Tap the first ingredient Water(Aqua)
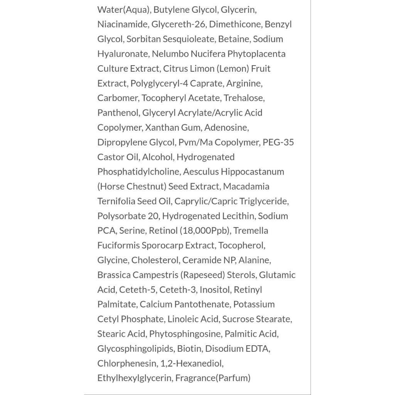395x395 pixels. point(124,10)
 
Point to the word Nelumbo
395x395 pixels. point(167,54)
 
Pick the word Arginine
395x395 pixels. point(244,83)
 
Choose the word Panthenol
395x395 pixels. point(118,113)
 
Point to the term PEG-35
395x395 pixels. point(278,142)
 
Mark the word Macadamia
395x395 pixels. point(246,186)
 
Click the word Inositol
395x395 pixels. point(216,289)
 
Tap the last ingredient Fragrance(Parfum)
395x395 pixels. point(213,378)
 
